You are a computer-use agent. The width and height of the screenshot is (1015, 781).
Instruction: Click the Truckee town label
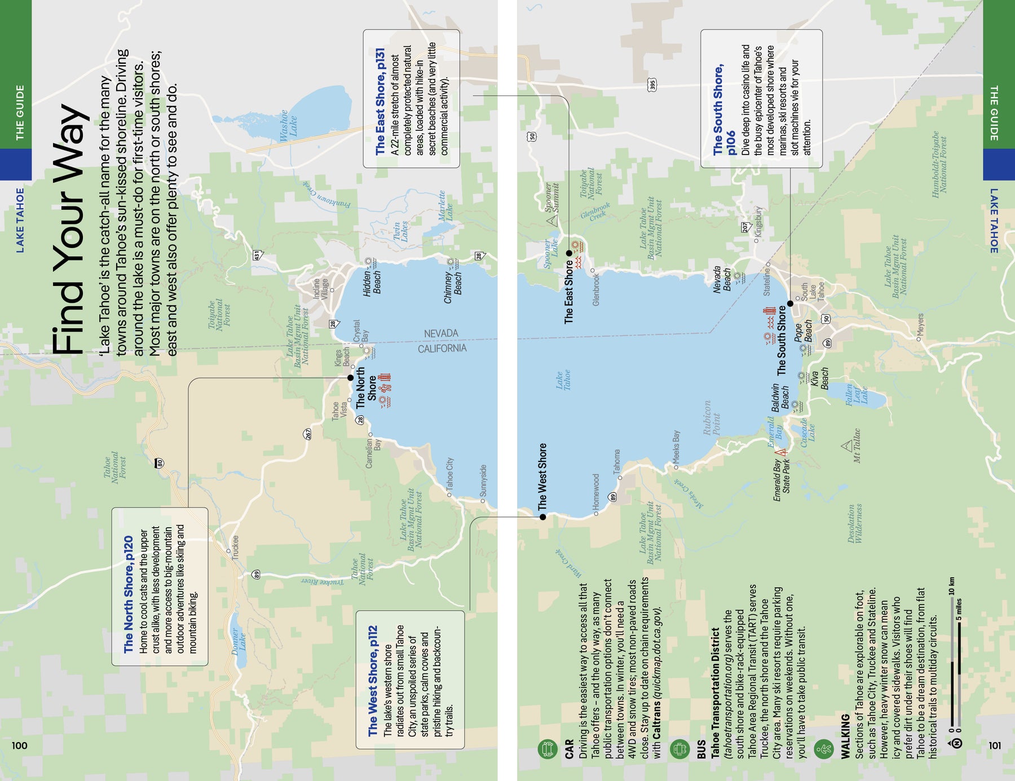point(235,547)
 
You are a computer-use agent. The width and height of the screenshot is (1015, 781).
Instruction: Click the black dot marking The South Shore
point(790,303)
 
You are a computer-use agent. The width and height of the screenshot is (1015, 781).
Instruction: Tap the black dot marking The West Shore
point(542,517)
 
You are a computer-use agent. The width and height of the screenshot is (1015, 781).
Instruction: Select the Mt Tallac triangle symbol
point(846,446)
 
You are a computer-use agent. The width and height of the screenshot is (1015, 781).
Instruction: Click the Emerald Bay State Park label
point(782,480)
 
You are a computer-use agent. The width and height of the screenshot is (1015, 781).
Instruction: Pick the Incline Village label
point(320,288)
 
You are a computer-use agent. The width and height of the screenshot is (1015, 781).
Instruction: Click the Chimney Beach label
point(453,287)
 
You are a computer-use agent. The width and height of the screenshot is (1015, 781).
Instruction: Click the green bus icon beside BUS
point(680,749)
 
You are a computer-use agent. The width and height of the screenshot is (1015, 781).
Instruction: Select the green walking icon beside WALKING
point(824,749)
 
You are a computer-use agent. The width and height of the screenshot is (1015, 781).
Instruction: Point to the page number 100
point(19,745)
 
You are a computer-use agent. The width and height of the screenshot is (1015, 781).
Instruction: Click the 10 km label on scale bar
point(952,586)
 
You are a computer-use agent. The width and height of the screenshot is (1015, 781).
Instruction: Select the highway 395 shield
point(652,85)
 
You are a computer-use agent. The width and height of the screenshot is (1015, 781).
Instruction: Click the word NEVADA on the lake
point(441,333)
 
